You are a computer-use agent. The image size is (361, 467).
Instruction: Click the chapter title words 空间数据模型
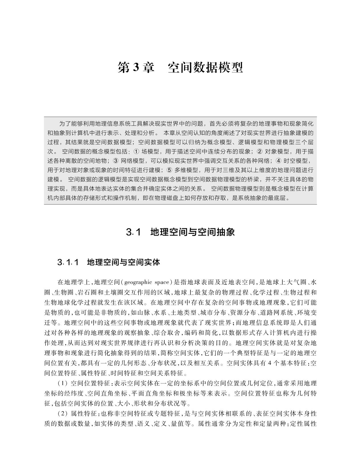pos(205,68)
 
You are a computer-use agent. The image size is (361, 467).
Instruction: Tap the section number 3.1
pos(133,232)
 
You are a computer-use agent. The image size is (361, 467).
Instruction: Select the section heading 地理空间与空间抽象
pos(192,232)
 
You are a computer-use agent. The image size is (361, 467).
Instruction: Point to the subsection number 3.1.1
pos(68,262)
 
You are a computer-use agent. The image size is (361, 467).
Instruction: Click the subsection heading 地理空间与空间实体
pos(123,262)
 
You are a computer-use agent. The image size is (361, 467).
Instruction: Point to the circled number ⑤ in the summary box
pos(169,170)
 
